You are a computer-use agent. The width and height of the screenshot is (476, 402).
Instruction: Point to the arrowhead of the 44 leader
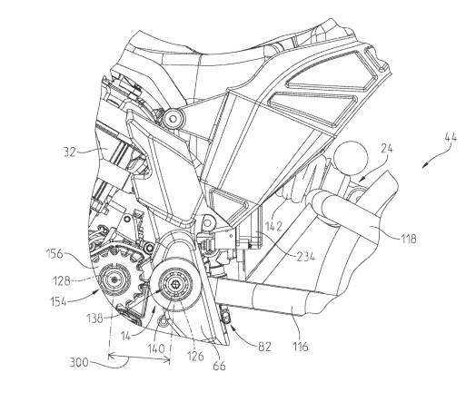424,167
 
